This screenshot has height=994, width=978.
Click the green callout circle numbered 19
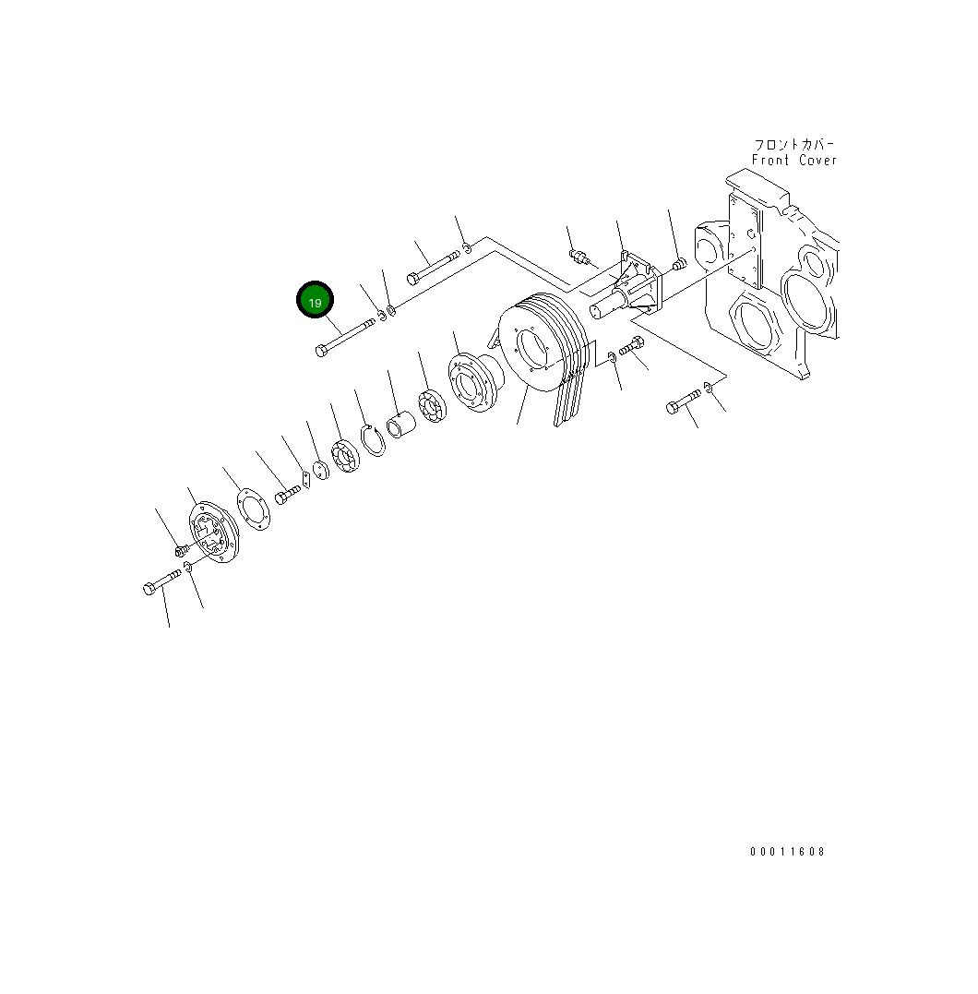tap(315, 301)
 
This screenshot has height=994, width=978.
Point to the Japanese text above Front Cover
tap(794, 145)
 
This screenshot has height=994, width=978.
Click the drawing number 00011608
tap(787, 852)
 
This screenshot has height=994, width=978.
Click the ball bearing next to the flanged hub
tap(432, 407)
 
